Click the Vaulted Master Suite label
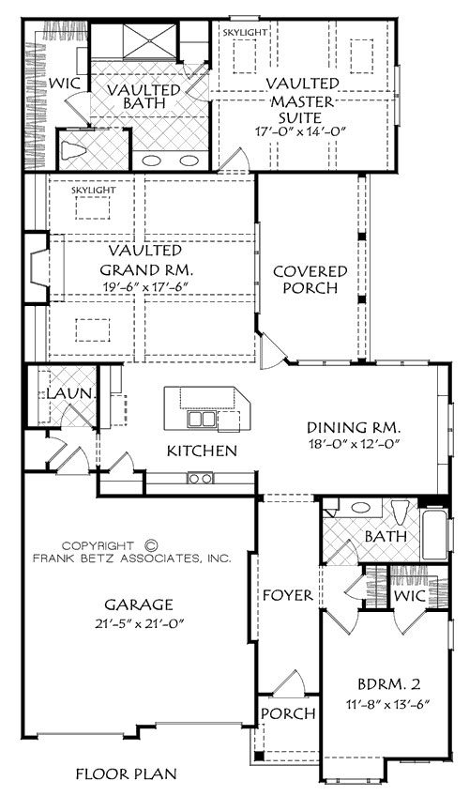pos(303,100)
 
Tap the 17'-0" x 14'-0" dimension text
pos(300,131)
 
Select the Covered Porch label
pos(310,279)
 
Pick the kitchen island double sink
pos(202,420)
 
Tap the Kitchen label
pos(202,451)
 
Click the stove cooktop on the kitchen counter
pos(201,478)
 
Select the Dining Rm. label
pos(354,427)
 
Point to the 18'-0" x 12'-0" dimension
pos(355,444)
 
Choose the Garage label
pos(139,605)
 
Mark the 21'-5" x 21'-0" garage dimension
pos(139,623)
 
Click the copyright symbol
pos(151,545)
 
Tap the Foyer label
pos(287,595)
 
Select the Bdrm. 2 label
pos(389,685)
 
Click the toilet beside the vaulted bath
pos(70,150)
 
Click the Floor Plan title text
pos(127,774)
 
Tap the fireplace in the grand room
pos(38,268)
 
